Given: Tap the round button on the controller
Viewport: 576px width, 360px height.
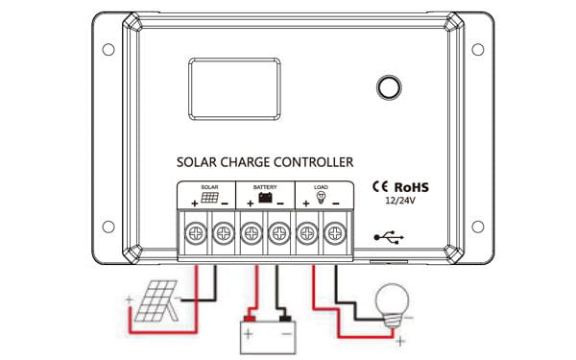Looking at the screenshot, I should (x=389, y=86).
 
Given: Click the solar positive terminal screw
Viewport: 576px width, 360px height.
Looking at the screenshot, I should (x=196, y=232).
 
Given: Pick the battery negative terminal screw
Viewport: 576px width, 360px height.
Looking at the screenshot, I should (x=279, y=232).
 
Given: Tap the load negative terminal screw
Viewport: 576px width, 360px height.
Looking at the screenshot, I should (x=335, y=232).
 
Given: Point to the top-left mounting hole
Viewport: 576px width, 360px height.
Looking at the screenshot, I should (x=108, y=49).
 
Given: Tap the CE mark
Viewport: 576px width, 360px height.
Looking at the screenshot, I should (x=379, y=188).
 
